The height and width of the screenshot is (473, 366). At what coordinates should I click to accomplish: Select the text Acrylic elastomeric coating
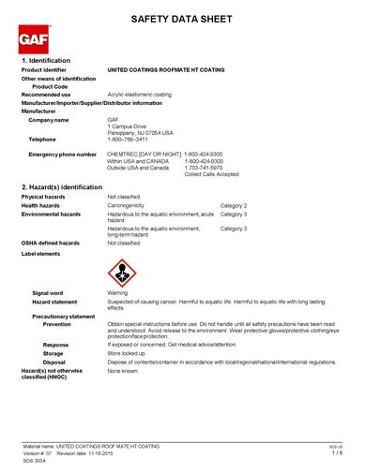coord(140,95)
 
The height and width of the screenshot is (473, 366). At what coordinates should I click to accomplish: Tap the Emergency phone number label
coord(63,154)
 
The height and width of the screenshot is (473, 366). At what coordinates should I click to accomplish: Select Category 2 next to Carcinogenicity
coord(234,204)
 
